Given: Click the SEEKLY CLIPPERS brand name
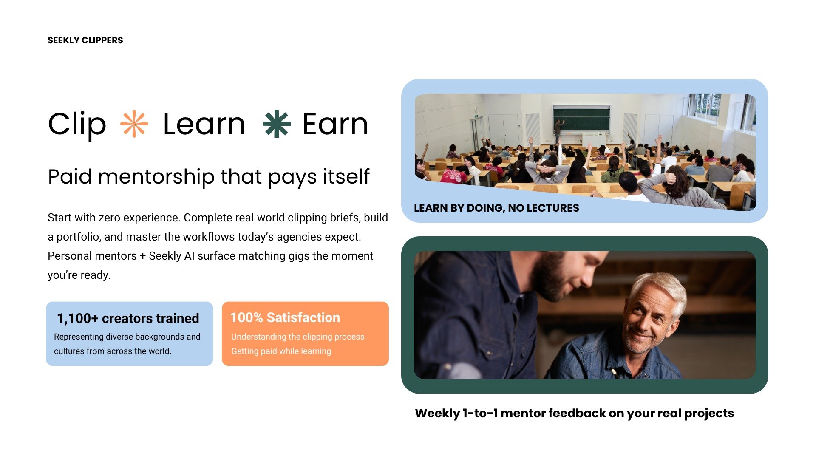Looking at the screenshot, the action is (85, 40).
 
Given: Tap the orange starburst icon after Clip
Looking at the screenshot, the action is (134, 124).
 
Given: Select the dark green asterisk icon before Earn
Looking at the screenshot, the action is (277, 124).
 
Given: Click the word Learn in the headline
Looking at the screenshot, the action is (204, 124).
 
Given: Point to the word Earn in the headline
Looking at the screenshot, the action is (335, 124).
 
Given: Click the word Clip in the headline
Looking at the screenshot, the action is (77, 125).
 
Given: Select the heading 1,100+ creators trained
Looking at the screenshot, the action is (128, 318).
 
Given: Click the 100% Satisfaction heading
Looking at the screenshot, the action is (285, 317).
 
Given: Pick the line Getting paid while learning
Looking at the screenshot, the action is (281, 351).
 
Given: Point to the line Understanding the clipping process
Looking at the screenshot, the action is (298, 337).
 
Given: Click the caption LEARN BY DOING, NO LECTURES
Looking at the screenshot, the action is (496, 208).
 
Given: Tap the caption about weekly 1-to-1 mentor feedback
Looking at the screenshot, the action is (575, 413).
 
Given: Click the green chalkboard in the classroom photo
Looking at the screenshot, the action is (581, 119).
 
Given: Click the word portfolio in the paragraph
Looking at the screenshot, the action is (76, 237).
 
